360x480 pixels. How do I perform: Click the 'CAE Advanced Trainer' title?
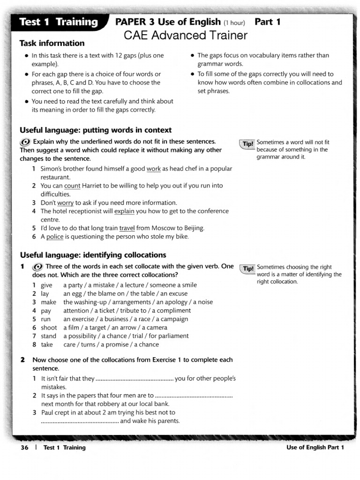point(185,36)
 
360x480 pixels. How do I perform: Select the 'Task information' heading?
point(52,44)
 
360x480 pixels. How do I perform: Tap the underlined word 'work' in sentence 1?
point(153,169)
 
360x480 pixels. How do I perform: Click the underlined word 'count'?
point(72,186)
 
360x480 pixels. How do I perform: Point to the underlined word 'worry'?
point(65,203)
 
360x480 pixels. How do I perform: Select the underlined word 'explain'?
point(124,211)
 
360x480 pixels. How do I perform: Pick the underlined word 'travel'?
point(127,228)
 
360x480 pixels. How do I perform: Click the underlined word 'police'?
point(55,237)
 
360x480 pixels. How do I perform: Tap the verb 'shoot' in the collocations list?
point(49,328)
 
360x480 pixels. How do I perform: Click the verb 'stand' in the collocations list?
point(49,336)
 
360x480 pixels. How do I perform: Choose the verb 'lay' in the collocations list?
point(45,294)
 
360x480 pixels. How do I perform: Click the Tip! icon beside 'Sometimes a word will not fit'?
point(247,143)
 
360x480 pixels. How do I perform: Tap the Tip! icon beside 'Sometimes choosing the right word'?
point(247,268)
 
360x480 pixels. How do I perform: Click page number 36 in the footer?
point(24,448)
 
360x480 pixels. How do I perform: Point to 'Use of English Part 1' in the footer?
point(315,448)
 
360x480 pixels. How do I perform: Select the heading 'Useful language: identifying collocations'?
point(93,255)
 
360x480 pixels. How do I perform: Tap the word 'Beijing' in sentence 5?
point(193,228)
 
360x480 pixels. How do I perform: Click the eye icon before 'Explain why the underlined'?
point(25,142)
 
